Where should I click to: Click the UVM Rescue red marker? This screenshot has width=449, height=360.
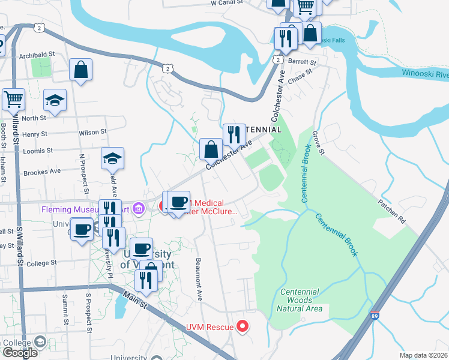click(x=243, y=326)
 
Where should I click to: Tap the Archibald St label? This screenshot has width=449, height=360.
click(x=36, y=54)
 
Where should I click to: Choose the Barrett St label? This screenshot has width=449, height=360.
click(x=302, y=62)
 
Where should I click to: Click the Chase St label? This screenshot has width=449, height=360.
click(x=300, y=76)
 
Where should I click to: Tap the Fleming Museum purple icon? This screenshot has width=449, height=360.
click(x=139, y=209)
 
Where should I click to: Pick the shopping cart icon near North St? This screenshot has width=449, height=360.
click(x=13, y=99)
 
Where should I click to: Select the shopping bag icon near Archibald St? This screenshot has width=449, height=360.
click(x=81, y=70)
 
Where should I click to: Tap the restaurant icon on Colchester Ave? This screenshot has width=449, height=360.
click(x=234, y=134)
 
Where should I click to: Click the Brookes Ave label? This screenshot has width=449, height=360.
click(x=42, y=172)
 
